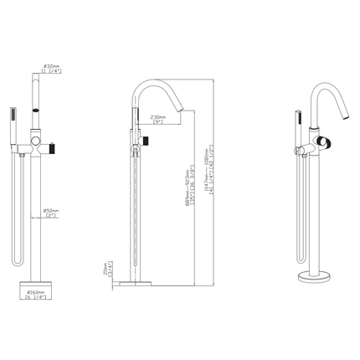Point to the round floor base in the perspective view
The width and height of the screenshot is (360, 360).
(315, 275)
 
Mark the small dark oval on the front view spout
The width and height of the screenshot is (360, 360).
(37, 109)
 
